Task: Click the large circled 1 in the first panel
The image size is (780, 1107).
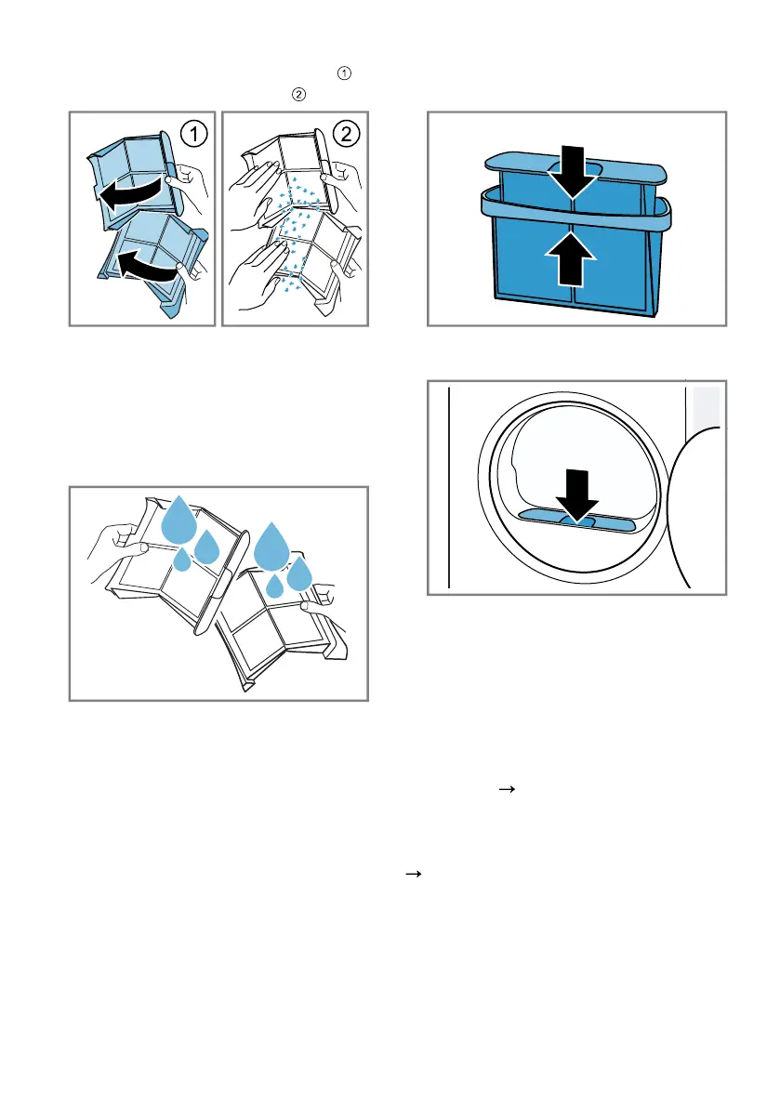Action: tap(194, 134)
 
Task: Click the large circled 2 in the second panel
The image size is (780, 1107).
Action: tap(346, 134)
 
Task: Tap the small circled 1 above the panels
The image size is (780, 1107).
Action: tap(344, 72)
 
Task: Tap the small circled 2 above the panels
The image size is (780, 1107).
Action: tap(298, 94)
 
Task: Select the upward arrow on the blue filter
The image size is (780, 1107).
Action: tap(571, 259)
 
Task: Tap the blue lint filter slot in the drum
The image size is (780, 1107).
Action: tap(577, 521)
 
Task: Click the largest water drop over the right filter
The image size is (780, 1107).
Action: tap(271, 545)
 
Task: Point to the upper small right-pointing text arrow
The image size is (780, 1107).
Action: tap(507, 789)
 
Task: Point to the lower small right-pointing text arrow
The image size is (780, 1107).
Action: tap(414, 874)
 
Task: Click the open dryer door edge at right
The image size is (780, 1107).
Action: tap(679, 508)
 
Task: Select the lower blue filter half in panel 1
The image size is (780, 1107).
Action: tap(152, 265)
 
